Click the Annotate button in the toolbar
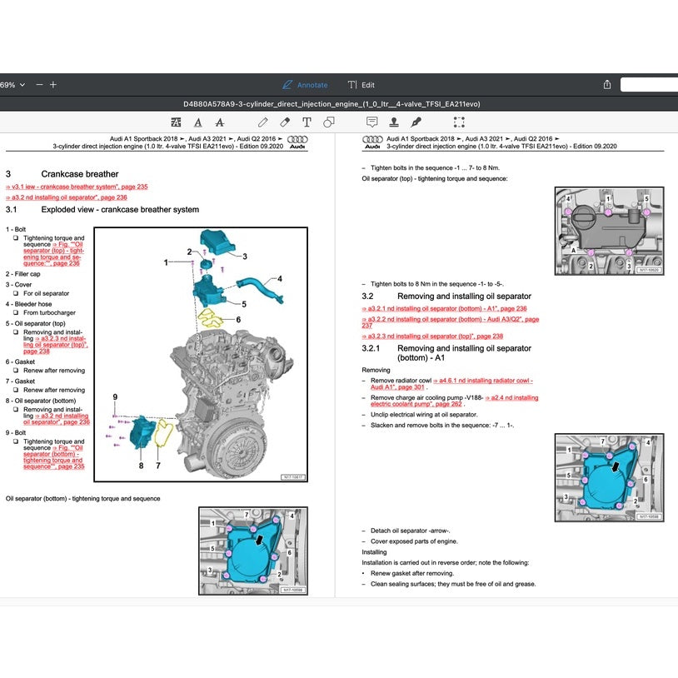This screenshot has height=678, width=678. [305, 85]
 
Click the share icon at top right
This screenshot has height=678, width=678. [607, 85]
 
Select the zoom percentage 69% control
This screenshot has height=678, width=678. [12, 85]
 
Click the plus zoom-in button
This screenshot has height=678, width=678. [53, 85]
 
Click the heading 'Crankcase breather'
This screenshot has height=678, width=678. [80, 174]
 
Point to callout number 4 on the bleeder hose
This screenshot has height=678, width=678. [280, 278]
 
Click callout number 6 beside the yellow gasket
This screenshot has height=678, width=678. [237, 319]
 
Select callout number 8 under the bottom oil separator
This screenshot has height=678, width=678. [140, 466]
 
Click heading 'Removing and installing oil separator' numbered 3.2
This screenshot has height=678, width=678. [464, 296]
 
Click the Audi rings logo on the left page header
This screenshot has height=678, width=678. [297, 142]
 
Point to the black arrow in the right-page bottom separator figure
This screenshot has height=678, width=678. [616, 468]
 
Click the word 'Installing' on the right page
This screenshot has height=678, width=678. [374, 551]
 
